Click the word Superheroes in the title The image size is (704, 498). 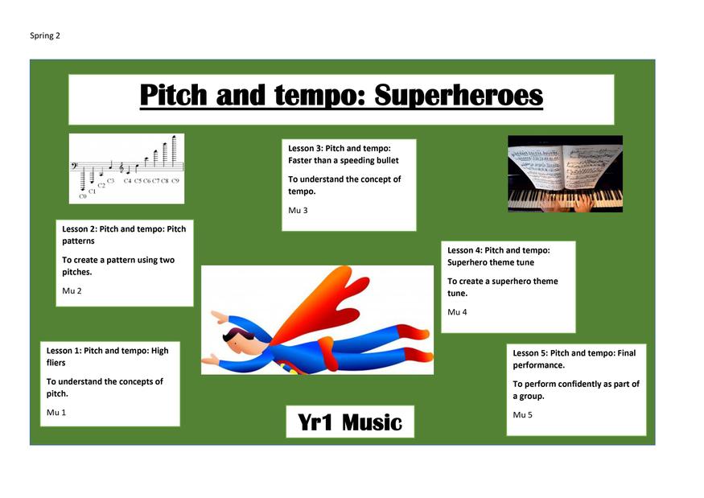pos(459,96)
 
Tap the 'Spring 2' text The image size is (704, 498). pos(45,36)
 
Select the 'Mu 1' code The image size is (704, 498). pos(56,412)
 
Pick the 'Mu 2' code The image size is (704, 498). pos(72,290)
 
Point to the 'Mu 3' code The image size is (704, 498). pos(298,210)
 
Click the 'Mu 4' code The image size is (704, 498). pos(457,311)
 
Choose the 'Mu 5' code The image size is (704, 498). pos(523,414)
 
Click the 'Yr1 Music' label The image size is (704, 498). pos(350,422)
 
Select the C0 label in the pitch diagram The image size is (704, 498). pos(83,196)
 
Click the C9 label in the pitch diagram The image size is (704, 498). pos(175,181)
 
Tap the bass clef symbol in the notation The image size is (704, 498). pos(74,167)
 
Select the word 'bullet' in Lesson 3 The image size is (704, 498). pos(386,160)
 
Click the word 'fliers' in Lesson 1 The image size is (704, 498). pos(56,362)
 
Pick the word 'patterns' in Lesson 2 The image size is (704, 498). pos(78,241)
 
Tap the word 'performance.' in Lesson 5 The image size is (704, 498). pos(539,365)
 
